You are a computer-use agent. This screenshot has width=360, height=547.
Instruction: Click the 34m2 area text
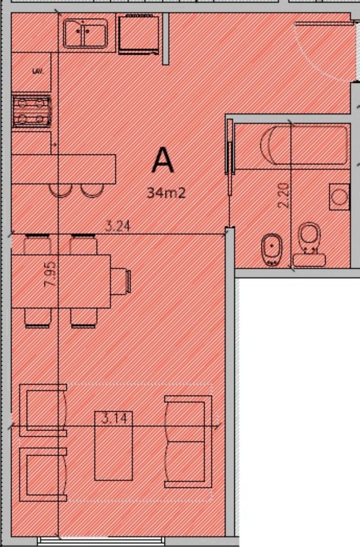click(166, 193)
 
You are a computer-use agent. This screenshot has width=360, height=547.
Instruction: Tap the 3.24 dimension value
click(117, 226)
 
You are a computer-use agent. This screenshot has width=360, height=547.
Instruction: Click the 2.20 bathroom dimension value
click(284, 196)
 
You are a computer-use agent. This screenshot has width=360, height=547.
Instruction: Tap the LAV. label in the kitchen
click(38, 72)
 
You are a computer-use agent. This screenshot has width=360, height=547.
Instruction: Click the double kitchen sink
click(85, 33)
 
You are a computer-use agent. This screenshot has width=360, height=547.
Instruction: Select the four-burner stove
click(31, 112)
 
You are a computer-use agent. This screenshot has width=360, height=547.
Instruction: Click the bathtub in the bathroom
click(304, 146)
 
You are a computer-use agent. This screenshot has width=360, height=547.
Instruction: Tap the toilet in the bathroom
click(310, 244)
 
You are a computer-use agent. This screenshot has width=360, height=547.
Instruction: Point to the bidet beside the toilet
click(271, 250)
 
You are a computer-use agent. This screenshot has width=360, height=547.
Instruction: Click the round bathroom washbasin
click(339, 197)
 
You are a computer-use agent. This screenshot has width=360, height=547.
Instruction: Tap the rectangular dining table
click(61, 281)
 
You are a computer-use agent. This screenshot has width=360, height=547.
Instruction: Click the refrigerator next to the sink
click(139, 34)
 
